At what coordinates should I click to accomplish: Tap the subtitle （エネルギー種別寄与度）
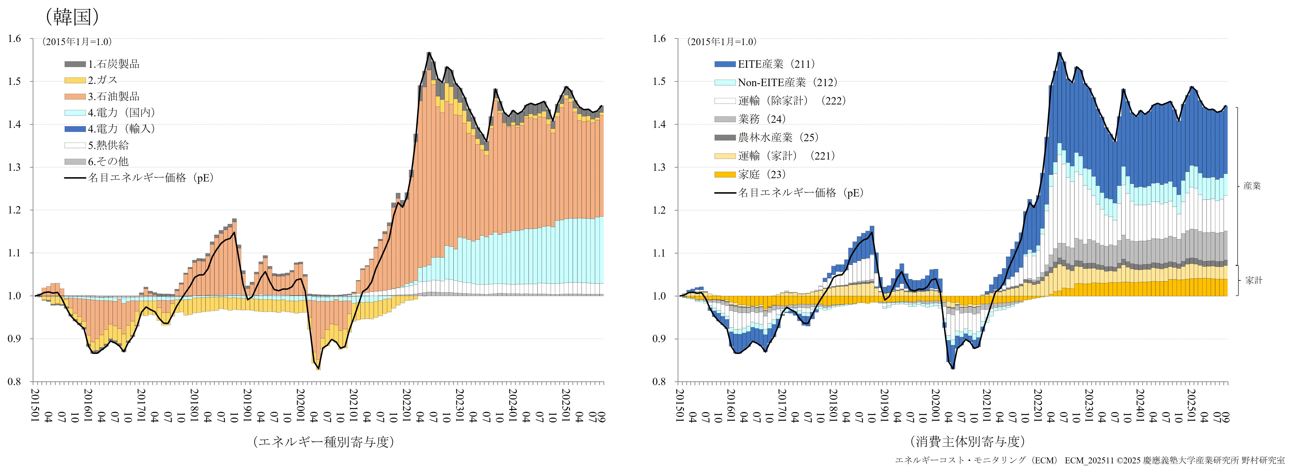coord(324,441)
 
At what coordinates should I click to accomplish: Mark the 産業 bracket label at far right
coord(1252,186)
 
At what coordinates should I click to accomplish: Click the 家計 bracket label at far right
coord(1253,280)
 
